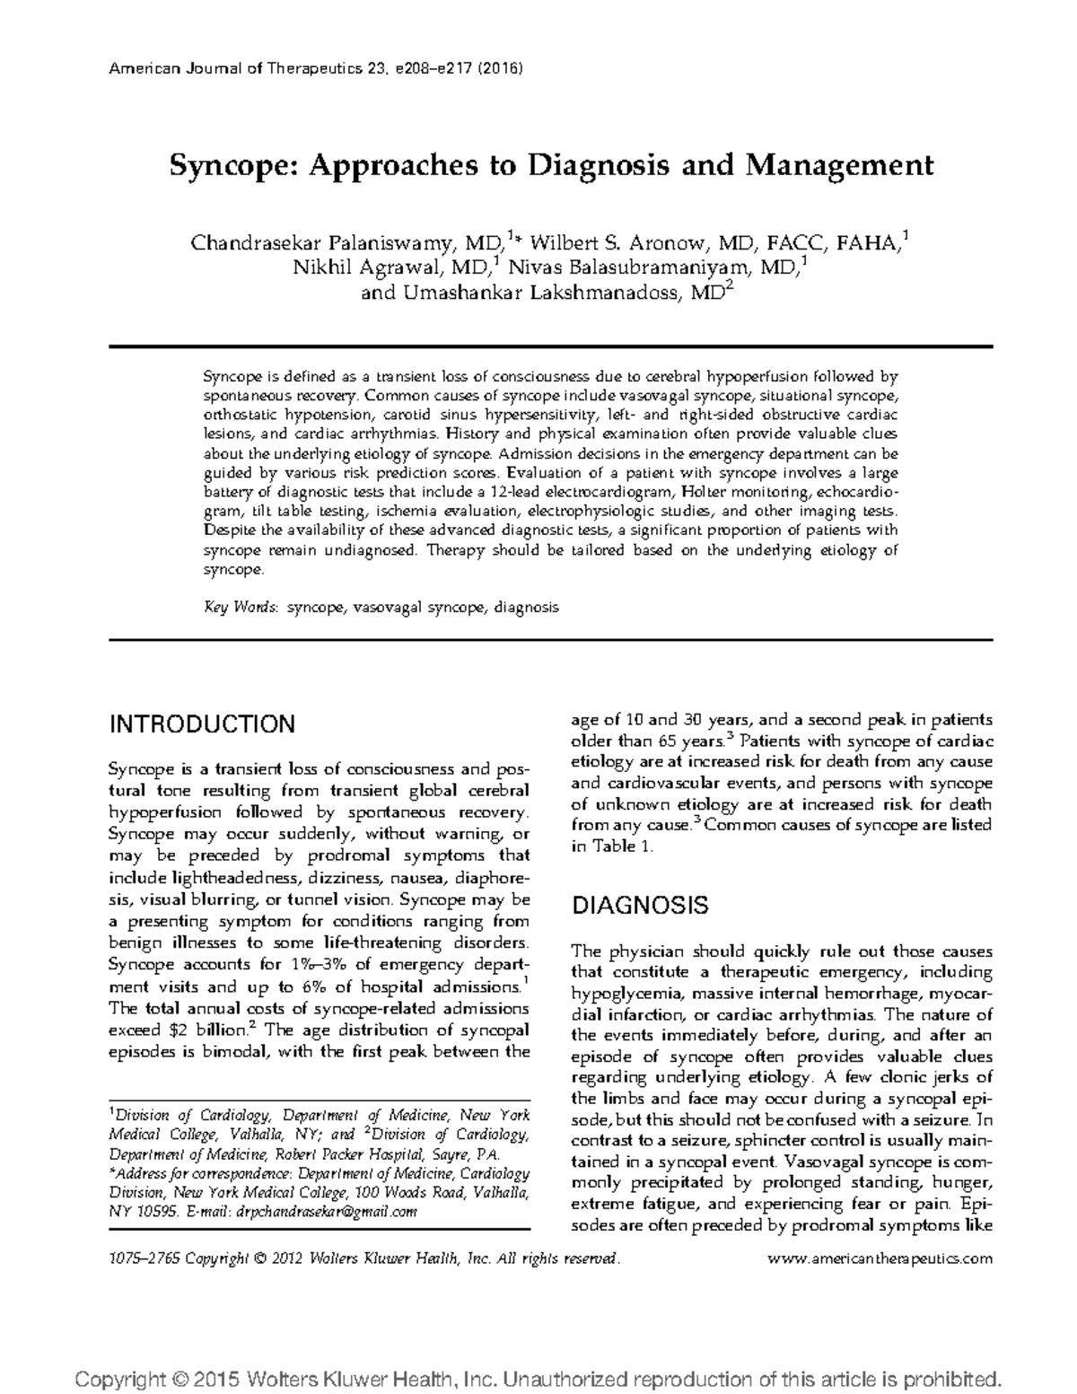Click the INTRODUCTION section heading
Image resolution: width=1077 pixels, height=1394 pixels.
[202, 724]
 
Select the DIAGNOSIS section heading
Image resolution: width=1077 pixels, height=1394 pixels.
[640, 905]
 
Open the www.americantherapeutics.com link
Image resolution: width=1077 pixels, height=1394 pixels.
[881, 1258]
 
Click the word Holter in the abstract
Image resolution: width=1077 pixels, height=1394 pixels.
[704, 492]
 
